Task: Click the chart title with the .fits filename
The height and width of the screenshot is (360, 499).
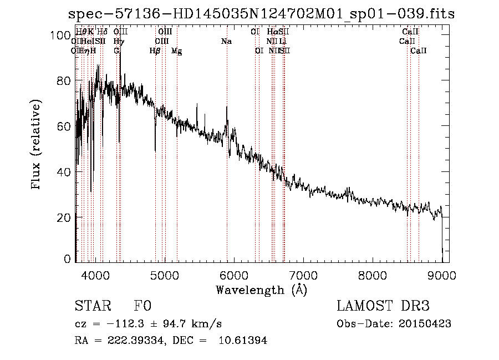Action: click(261, 14)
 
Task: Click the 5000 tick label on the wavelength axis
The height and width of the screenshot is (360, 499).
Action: click(164, 274)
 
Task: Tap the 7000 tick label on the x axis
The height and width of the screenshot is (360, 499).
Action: click(303, 274)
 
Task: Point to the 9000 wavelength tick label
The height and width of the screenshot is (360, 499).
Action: click(442, 274)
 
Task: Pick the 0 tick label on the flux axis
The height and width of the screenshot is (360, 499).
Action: click(67, 259)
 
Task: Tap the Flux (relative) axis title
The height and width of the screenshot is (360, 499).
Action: click(37, 145)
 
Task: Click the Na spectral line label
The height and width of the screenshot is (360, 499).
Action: click(226, 41)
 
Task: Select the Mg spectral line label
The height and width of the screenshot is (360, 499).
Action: click(176, 51)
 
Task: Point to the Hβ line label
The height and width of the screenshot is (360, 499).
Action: click(155, 51)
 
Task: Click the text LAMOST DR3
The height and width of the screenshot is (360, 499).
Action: click(383, 306)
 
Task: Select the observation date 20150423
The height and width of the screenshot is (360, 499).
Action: click(427, 324)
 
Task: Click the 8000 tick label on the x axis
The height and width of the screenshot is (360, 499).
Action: click(373, 274)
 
